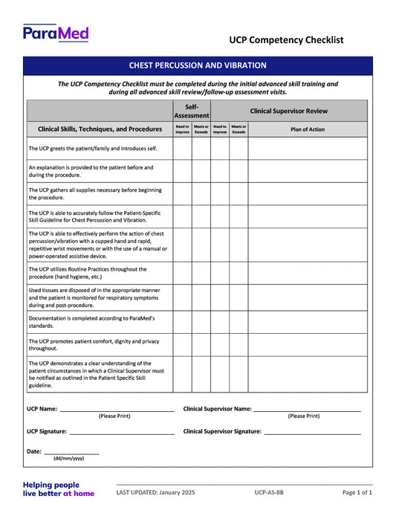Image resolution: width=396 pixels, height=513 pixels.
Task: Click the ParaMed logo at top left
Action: [56, 33]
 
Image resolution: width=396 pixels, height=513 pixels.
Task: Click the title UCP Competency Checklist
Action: [286, 40]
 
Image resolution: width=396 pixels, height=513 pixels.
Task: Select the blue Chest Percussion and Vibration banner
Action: [198, 65]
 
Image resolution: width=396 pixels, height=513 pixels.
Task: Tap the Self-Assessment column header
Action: [192, 111]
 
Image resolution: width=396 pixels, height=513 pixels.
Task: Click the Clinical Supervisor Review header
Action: [288, 111]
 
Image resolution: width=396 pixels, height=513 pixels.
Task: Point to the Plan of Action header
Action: [307, 129]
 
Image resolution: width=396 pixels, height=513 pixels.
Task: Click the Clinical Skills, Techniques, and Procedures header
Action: [100, 129]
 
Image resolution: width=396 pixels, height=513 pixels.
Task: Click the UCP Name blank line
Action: [117, 410]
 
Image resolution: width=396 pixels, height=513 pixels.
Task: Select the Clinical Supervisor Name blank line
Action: [306, 410]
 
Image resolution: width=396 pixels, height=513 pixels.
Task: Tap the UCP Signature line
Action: [121, 432]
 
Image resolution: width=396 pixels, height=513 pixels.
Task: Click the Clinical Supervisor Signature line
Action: [312, 432]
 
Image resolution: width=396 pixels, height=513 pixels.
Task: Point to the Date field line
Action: [71, 452]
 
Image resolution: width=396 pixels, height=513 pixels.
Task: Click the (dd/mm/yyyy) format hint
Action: [68, 459]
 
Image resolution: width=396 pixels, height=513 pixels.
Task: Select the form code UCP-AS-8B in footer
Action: [268, 492]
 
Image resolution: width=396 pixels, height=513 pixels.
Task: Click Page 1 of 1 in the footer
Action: [357, 492]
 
